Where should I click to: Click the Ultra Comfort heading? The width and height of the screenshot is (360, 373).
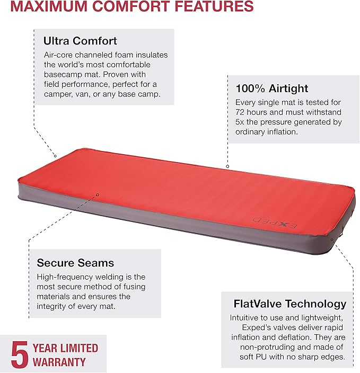pyautogui.click(x=80, y=40)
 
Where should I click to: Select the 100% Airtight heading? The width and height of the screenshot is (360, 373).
pyautogui.click(x=271, y=88)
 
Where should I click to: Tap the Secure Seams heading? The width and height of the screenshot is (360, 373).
pyautogui.click(x=75, y=263)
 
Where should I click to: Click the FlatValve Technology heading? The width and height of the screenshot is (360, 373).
pyautogui.click(x=290, y=304)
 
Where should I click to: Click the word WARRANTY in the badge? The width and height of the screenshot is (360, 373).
pyautogui.click(x=59, y=362)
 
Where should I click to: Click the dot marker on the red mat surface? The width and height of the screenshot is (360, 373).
pyautogui.click(x=98, y=194)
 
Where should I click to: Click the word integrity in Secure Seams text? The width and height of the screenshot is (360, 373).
pyautogui.click(x=54, y=306)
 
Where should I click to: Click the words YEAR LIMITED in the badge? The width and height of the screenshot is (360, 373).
pyautogui.click(x=65, y=348)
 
